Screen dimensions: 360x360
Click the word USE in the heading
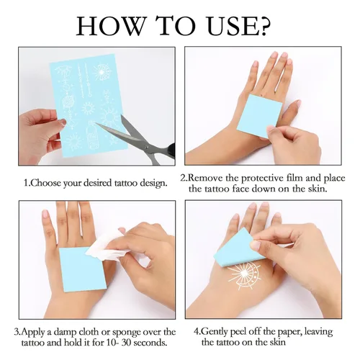point(225,26)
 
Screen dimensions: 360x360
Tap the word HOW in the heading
point(111,26)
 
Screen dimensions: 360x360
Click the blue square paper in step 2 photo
point(260,116)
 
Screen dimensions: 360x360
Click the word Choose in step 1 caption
point(45,184)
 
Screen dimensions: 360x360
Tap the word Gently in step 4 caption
point(215,332)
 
